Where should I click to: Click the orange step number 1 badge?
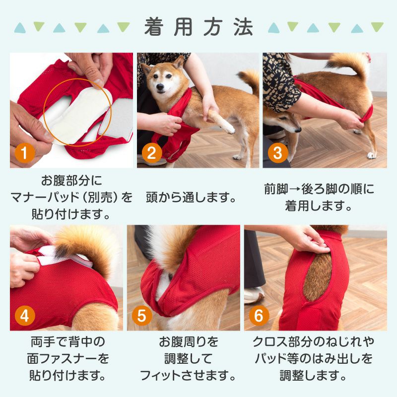coord(24,153)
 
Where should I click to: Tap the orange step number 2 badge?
coord(152,153)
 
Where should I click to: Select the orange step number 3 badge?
coord(278,153)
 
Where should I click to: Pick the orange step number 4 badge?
coord(24,316)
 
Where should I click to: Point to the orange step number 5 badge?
coord(142,316)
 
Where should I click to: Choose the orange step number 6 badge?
coord(259,316)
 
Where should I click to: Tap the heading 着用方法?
coord(199,27)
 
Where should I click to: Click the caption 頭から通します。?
coord(191,197)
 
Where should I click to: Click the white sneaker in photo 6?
coord(255,295)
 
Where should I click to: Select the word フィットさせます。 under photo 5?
coord(188,375)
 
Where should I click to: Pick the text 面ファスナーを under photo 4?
coord(67,358)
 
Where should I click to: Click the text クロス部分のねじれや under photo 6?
coord(313,342)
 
